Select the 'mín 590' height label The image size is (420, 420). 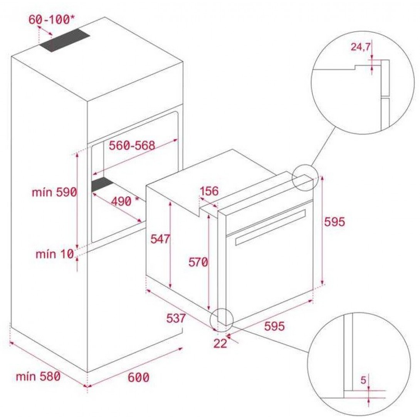(54, 192)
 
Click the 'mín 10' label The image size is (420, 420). (54, 254)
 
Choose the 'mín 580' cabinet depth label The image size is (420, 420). (38, 376)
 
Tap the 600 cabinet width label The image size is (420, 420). (138, 378)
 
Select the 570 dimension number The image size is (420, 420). (198, 262)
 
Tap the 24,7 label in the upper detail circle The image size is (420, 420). (361, 47)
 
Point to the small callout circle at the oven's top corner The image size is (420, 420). (304, 177)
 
